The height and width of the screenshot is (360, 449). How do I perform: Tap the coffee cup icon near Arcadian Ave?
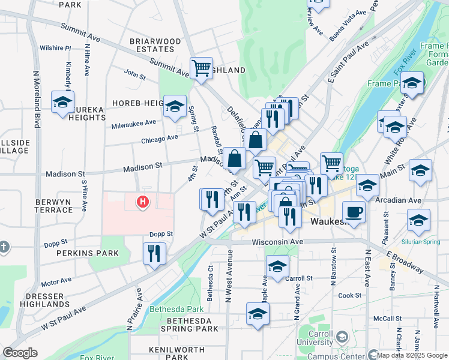(x=354, y=212)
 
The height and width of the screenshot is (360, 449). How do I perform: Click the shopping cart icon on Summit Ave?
(x=201, y=67)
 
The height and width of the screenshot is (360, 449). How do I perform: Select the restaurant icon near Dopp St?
(x=154, y=253)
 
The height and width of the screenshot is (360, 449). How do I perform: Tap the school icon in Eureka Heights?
(x=62, y=102)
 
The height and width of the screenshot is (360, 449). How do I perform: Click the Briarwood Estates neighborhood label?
(x=156, y=46)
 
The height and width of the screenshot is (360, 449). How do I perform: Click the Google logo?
(x=20, y=353)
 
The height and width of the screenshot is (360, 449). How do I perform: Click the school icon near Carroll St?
(x=277, y=267)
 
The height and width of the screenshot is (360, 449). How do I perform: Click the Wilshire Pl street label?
(x=55, y=48)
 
